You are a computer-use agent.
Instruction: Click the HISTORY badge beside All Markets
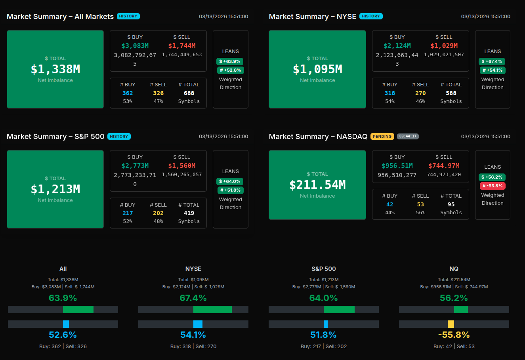(128, 16)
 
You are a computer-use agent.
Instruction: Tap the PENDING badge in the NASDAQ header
(382, 136)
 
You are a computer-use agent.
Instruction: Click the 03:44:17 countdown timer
(408, 136)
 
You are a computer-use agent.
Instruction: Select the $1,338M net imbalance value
(55, 69)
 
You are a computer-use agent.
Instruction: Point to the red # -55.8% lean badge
(493, 186)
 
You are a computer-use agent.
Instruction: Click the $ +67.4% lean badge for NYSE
(493, 61)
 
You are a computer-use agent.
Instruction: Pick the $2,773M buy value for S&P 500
(135, 166)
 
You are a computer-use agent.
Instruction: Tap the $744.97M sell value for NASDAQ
(444, 166)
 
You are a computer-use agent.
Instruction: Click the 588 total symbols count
(451, 93)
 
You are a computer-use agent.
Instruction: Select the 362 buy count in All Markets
(128, 93)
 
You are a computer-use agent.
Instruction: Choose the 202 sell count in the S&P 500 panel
(158, 213)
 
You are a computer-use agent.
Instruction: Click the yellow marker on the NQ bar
(451, 324)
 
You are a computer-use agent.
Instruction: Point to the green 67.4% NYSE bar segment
(212, 309)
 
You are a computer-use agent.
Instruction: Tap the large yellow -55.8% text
(454, 335)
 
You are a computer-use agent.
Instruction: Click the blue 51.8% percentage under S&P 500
(323, 335)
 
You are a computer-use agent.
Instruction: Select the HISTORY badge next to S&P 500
(119, 136)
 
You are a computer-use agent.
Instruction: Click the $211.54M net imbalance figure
(317, 185)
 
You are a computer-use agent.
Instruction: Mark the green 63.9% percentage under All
(63, 298)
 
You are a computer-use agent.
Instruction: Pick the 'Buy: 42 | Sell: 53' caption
(454, 346)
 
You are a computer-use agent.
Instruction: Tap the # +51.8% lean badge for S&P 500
(230, 190)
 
